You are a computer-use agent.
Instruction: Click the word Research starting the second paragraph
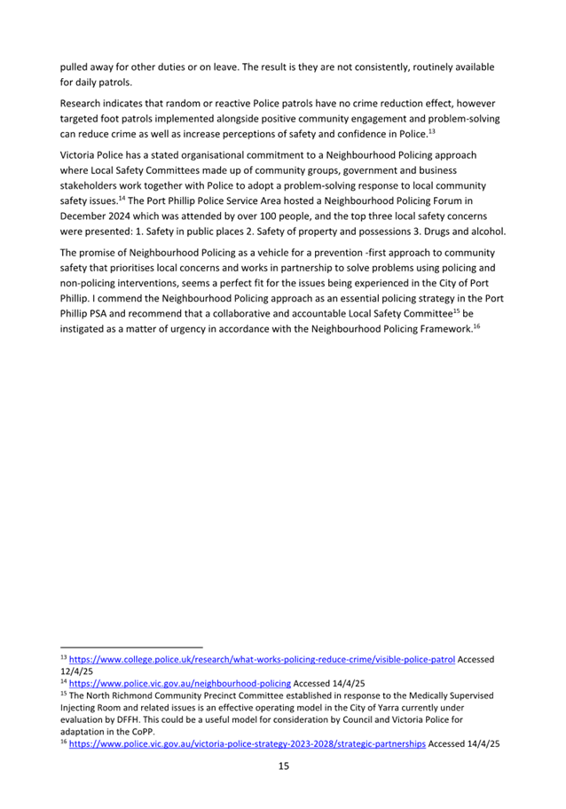(85, 104)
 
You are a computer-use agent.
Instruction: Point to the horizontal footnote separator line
(131, 647)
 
